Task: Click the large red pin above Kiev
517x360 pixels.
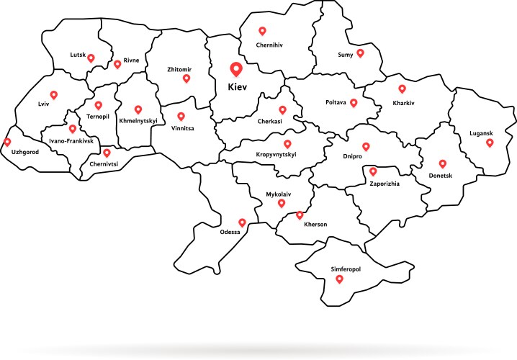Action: pyautogui.click(x=235, y=70)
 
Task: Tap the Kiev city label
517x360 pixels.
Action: pyautogui.click(x=236, y=86)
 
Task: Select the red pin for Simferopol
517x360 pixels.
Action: pyautogui.click(x=351, y=280)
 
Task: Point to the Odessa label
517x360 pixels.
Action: pyautogui.click(x=230, y=233)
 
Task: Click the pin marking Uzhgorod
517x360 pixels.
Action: pyautogui.click(x=8, y=143)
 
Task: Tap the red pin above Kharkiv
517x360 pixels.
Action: pyautogui.click(x=402, y=89)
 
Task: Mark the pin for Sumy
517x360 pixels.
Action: pyautogui.click(x=360, y=53)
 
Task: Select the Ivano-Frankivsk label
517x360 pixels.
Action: pyautogui.click(x=72, y=140)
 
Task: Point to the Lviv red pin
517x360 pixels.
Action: pyautogui.click(x=53, y=95)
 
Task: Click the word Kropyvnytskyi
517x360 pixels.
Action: pyautogui.click(x=277, y=155)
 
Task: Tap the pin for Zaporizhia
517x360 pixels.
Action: pyautogui.click(x=373, y=171)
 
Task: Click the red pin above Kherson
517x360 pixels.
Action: pyautogui.click(x=300, y=215)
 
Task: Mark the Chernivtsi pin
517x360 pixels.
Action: pyautogui.click(x=107, y=153)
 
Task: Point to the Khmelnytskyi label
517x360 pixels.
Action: pyautogui.click(x=138, y=121)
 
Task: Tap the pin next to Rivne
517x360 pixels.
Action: pyautogui.click(x=117, y=64)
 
